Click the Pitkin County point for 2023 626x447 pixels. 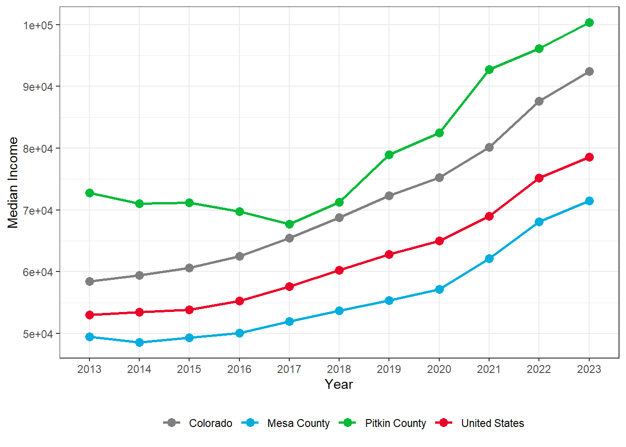coord(589,23)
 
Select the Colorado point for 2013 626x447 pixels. coord(89,281)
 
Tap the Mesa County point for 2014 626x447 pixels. coord(139,343)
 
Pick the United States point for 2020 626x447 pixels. coord(439,241)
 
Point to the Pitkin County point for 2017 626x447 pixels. coord(289,224)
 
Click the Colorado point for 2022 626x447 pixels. coord(539,101)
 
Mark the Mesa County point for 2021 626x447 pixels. coord(489,258)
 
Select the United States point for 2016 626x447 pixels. coord(239,301)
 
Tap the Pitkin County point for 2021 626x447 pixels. coord(489,69)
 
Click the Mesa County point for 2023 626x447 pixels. coord(589,201)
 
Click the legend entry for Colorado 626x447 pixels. coord(210,423)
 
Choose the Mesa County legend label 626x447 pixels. coord(298,423)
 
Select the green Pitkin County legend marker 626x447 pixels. coord(347,423)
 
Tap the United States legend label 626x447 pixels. coord(492,423)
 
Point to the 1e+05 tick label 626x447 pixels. coord(38,25)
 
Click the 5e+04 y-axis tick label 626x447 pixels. coord(38,334)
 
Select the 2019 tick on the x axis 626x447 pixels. coord(389,369)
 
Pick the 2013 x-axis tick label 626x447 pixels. coord(89,369)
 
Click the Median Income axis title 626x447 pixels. coord(13,183)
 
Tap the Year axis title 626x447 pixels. coord(339,385)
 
